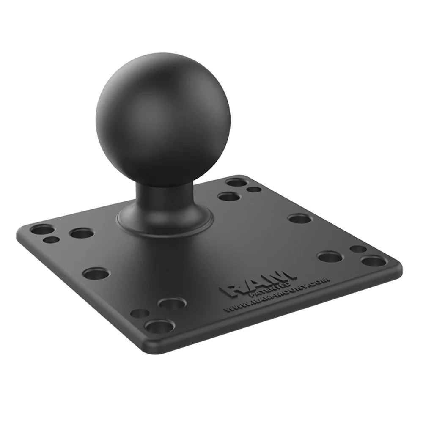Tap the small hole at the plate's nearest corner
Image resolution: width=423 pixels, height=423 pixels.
click(139, 313)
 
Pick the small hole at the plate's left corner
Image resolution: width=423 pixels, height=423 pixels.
click(52, 240)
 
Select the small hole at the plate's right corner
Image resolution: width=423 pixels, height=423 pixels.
click(358, 249)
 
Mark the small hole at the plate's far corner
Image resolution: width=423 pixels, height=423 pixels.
click(254, 190)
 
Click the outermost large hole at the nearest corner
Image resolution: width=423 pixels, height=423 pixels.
click(159, 327)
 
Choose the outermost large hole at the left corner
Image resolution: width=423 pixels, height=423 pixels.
click(43, 230)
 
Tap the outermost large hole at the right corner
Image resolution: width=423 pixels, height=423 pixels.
click(374, 261)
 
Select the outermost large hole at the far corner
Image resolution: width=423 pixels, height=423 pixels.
click(236, 182)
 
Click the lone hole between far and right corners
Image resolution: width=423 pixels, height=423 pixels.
click(299, 219)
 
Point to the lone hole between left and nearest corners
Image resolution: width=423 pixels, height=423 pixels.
click(96, 273)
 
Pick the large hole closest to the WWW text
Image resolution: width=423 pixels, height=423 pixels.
click(172, 303)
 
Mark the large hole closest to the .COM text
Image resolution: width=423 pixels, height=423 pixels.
click(330, 257)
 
